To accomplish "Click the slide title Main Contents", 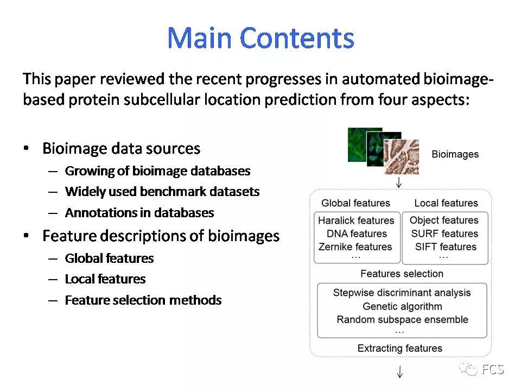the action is tap(260, 38).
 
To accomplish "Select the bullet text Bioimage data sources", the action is tap(121, 148).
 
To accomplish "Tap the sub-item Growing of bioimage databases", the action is tap(157, 171).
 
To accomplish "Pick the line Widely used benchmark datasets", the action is tap(162, 192).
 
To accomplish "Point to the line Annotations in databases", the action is tap(139, 213).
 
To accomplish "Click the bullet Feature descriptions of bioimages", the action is tap(161, 236).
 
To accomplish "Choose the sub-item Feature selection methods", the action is tap(143, 300).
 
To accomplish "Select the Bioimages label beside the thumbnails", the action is tap(455, 154).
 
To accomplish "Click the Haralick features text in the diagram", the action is tap(356, 220).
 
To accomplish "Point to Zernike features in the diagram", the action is tap(356, 247).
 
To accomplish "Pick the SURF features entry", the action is tap(444, 234).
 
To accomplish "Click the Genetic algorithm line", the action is tap(402, 306).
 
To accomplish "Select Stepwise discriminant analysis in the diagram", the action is tap(402, 293).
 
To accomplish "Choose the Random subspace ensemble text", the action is tap(402, 319).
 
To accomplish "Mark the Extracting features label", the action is tap(400, 348).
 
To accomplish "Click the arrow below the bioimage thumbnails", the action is tap(399, 182).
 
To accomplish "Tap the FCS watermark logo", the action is tap(482, 370).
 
